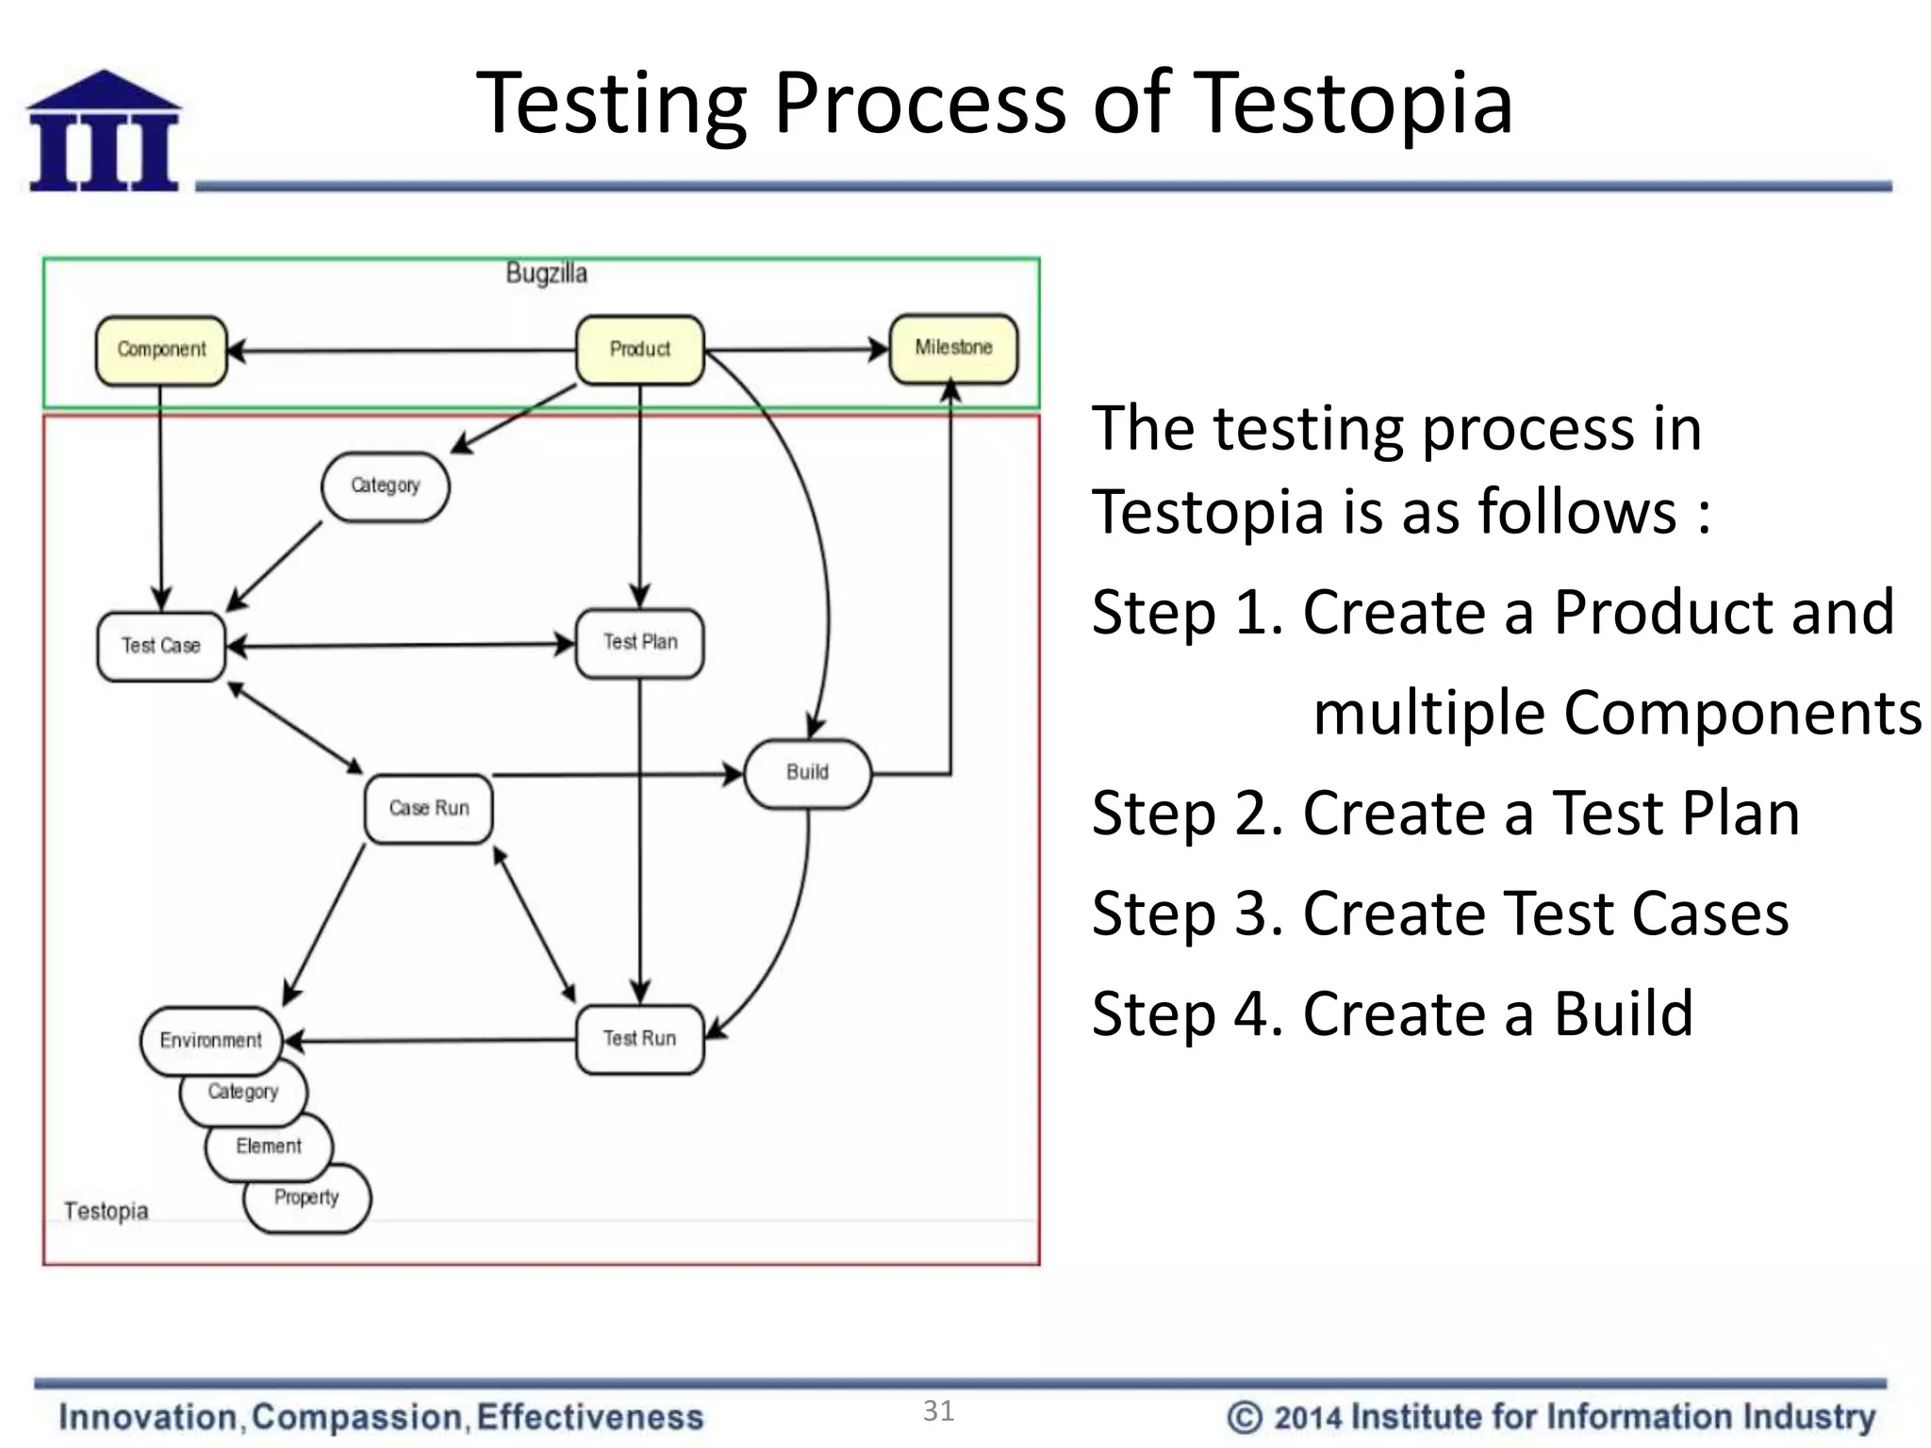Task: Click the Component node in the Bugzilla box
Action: [x=161, y=350]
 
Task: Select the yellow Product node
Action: [x=639, y=350]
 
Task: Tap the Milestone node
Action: [x=953, y=348]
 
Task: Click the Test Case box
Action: [x=161, y=646]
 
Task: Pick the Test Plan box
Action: [x=639, y=642]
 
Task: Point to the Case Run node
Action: [x=429, y=808]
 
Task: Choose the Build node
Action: [x=807, y=773]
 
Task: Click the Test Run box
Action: [x=639, y=1039]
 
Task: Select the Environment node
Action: [x=210, y=1041]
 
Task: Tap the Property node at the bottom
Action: [x=307, y=1199]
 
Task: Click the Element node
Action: [x=270, y=1147]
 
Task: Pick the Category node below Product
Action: [x=385, y=485]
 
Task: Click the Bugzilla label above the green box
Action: [x=546, y=273]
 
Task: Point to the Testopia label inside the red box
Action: [x=106, y=1210]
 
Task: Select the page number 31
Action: [x=938, y=1410]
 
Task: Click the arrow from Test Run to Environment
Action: [x=429, y=1041]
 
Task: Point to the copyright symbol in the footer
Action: [x=1245, y=1417]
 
